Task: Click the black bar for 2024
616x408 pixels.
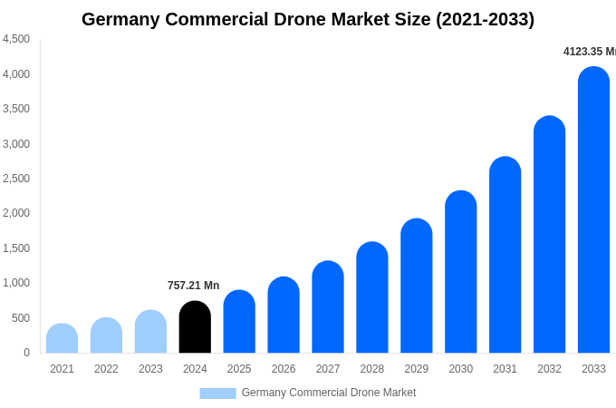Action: pos(195,327)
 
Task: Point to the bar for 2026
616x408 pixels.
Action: pos(284,316)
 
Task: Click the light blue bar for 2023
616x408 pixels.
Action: pos(150,332)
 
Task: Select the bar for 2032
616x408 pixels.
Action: pos(549,235)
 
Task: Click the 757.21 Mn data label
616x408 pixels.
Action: pos(193,286)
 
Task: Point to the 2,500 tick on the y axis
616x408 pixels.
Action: pos(15,179)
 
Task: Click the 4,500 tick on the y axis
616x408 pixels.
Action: pos(15,39)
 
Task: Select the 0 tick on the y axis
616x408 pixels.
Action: pos(26,353)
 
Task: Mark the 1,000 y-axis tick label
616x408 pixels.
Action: pos(15,283)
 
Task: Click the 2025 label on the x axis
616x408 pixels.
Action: pos(239,369)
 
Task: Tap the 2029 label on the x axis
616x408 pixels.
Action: pos(416,369)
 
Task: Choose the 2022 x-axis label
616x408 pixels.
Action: pos(106,369)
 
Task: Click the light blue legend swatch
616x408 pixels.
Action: pos(217,393)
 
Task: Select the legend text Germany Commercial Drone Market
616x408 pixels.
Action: pos(328,393)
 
